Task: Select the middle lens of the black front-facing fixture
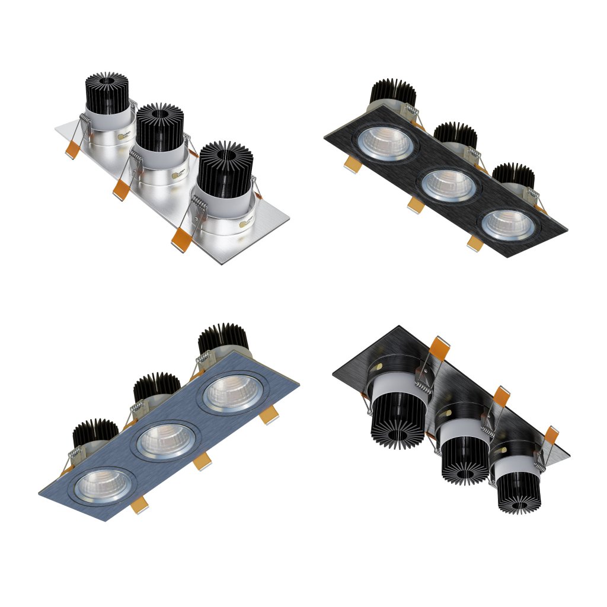pyautogui.click(x=449, y=186)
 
